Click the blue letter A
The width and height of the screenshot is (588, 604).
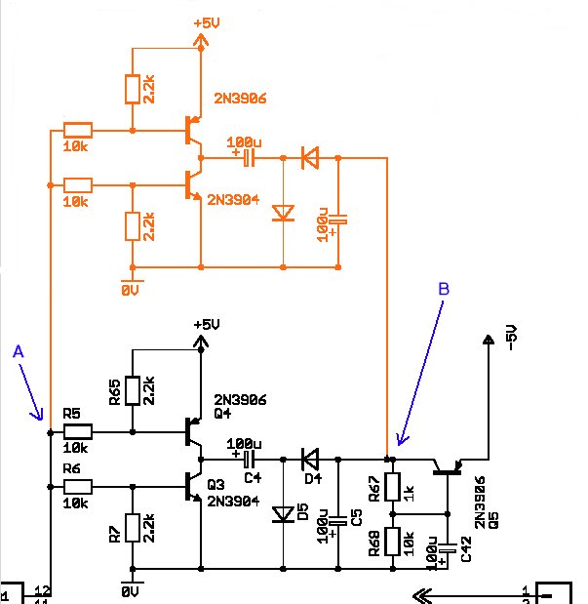[19, 351]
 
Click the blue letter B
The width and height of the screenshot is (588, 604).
[444, 289]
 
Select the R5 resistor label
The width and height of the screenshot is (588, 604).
[71, 414]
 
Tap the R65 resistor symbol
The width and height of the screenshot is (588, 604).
[133, 390]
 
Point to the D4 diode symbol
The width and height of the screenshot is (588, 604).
[310, 460]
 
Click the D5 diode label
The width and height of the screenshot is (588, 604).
[303, 511]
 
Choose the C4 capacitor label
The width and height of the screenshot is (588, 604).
[253, 478]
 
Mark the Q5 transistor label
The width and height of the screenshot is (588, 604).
[493, 520]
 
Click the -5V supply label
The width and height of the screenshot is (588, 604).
[511, 338]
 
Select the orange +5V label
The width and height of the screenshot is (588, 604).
[207, 23]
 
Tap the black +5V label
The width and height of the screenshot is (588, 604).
[207, 325]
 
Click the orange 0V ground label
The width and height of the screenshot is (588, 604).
[130, 291]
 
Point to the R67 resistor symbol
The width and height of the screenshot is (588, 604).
[393, 487]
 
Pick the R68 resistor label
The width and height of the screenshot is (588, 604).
[374, 544]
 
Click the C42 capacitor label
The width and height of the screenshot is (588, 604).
[466, 549]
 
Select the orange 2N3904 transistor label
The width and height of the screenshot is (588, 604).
[233, 199]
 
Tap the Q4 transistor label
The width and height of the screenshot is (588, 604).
[222, 414]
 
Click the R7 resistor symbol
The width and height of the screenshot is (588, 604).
[133, 528]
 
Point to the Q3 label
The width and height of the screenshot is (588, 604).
[216, 484]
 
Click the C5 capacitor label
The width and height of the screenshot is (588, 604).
[357, 517]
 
